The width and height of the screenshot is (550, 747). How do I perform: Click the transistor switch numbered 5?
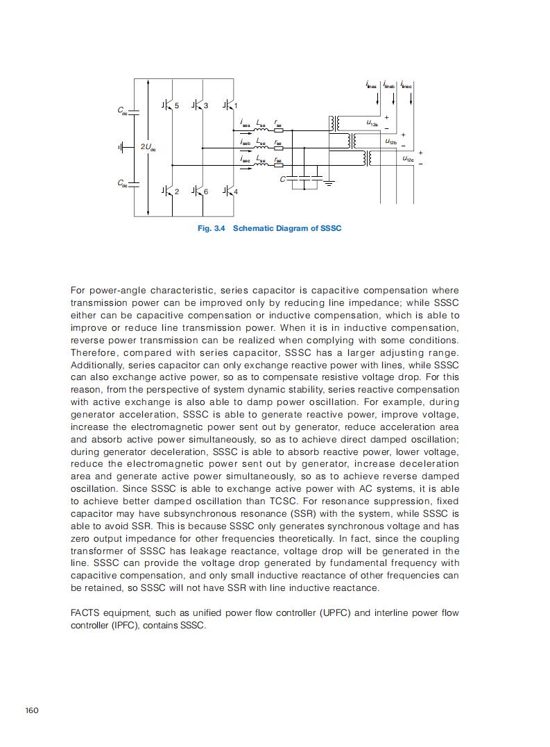click(x=168, y=105)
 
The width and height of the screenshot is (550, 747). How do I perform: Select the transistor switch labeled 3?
click(x=198, y=105)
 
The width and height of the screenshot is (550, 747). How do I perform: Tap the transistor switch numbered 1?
click(x=227, y=105)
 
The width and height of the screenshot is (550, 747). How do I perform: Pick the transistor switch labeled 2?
click(x=168, y=190)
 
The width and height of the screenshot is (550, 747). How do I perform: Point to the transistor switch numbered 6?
click(x=198, y=190)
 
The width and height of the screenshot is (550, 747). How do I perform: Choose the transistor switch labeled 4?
click(x=227, y=190)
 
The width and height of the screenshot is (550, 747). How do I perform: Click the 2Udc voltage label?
click(x=148, y=148)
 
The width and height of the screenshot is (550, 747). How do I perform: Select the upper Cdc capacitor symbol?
click(x=135, y=110)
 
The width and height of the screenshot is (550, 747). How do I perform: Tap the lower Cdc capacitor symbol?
click(x=135, y=183)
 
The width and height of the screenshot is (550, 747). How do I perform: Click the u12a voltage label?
click(x=372, y=123)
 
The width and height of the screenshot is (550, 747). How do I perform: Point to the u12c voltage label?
click(x=408, y=158)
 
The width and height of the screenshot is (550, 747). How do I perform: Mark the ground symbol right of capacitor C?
click(x=329, y=182)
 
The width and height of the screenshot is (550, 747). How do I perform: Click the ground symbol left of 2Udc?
click(x=122, y=147)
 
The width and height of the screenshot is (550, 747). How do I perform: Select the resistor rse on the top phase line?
click(x=279, y=130)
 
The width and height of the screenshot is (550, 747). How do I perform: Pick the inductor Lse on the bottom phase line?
click(x=261, y=165)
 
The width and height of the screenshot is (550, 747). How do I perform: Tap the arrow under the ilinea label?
click(x=377, y=98)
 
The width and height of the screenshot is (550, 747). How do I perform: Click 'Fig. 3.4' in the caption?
click(x=212, y=228)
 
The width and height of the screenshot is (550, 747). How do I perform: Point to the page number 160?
click(x=32, y=710)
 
